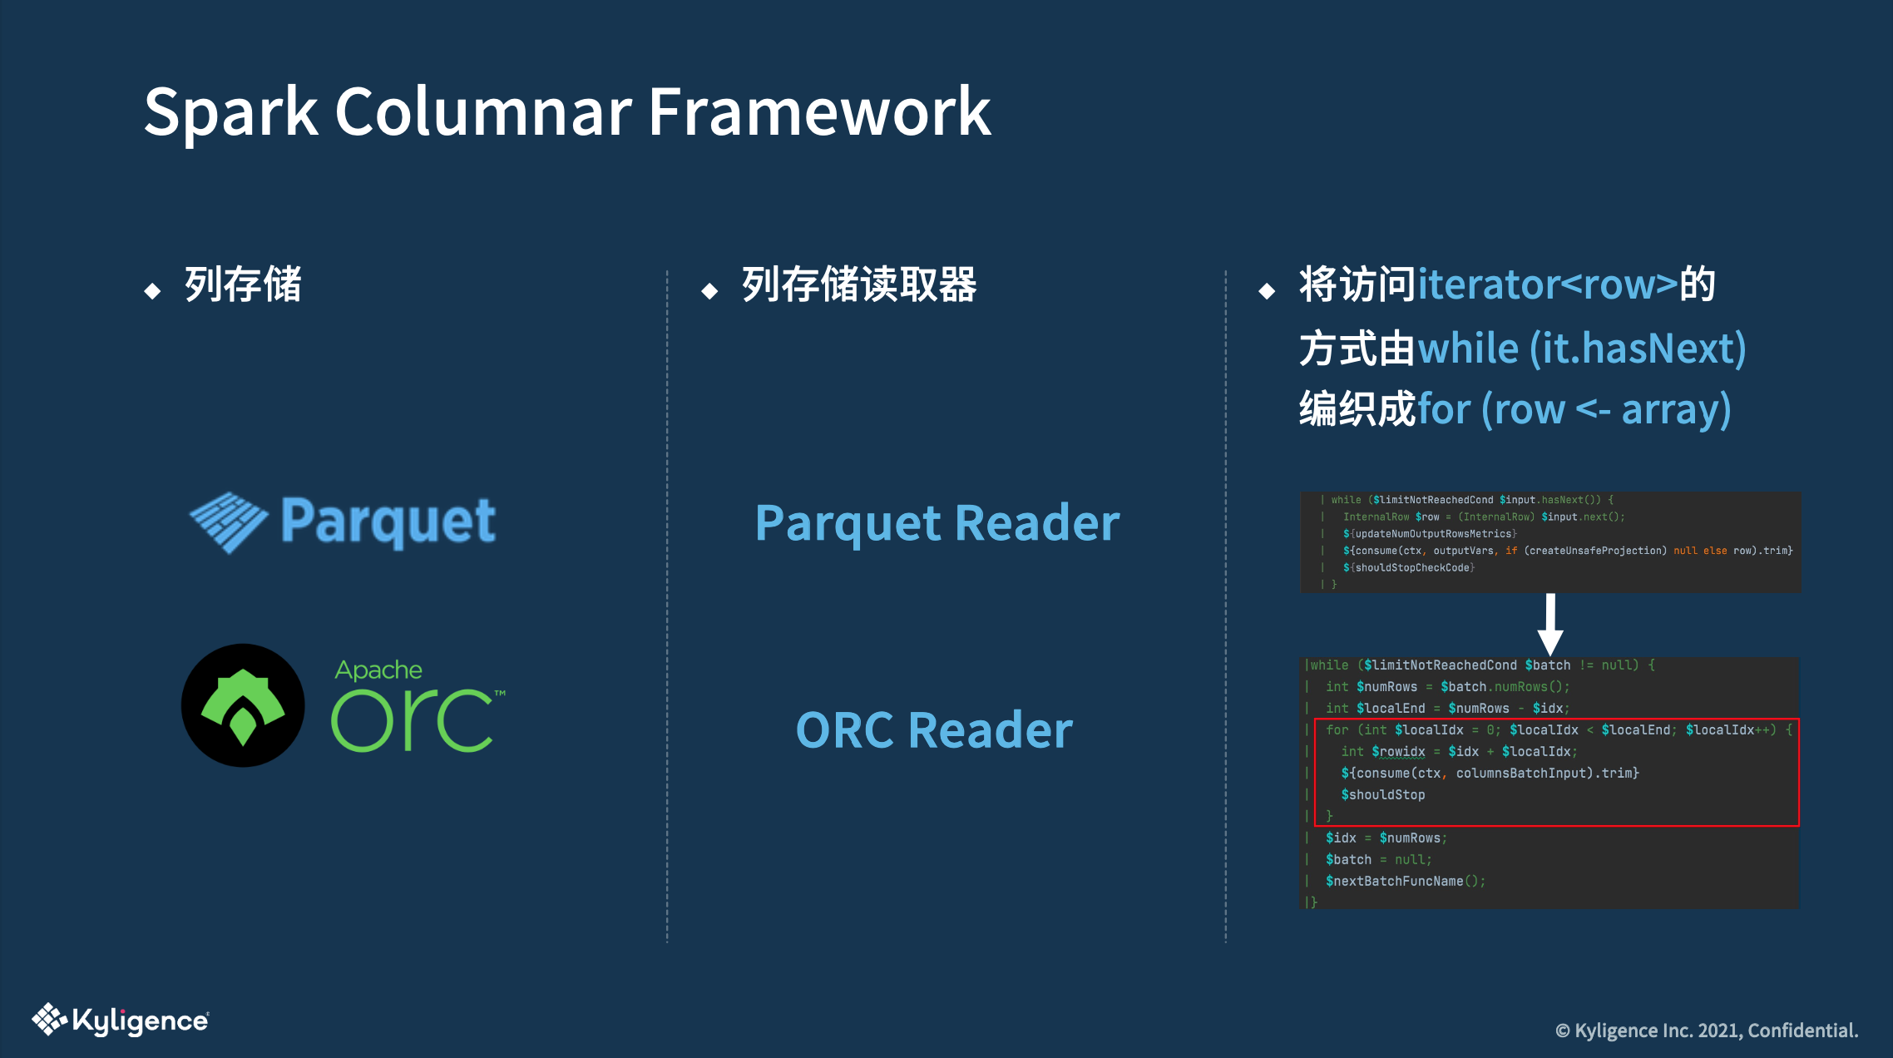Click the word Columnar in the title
(482, 112)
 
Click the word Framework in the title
(819, 112)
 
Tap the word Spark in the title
(231, 112)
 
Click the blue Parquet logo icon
(229, 522)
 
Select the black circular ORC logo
(243, 705)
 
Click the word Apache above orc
(378, 670)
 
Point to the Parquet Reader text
(937, 523)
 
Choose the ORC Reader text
(934, 730)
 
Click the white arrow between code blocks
(1550, 624)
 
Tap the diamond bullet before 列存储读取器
(709, 290)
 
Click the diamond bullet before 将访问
(1267, 290)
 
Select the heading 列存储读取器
(859, 284)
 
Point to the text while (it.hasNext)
(1581, 348)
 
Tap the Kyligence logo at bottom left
(121, 1020)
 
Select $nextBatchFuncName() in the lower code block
(1405, 881)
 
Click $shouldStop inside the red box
(1382, 794)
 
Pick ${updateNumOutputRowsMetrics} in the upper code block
(1429, 534)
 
